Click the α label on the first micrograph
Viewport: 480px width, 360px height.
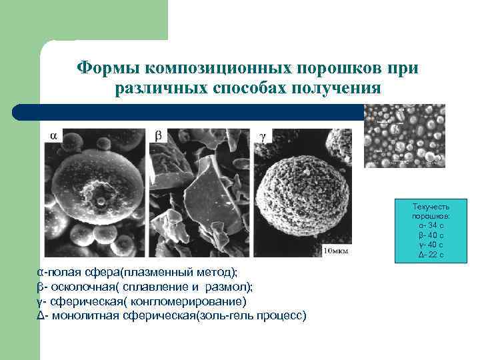click(53, 135)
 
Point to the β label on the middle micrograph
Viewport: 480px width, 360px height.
click(158, 135)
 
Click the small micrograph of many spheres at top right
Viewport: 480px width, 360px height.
click(405, 135)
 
